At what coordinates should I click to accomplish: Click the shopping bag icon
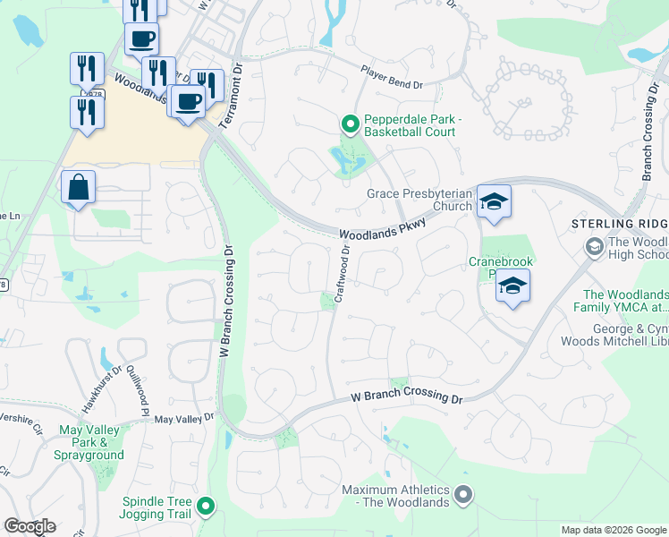[x=79, y=188]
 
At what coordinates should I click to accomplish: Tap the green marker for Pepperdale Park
[x=350, y=124]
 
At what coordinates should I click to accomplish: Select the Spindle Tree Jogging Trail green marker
[x=206, y=507]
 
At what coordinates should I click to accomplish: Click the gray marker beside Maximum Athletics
[x=462, y=494]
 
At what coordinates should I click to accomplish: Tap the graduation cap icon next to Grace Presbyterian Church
[x=492, y=202]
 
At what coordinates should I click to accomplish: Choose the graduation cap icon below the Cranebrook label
[x=512, y=286]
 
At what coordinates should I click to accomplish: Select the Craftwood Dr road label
[x=345, y=261]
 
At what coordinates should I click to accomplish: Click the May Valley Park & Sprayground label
[x=90, y=442]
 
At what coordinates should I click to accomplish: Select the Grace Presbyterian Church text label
[x=419, y=200]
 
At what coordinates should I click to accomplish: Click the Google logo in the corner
[x=30, y=526]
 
